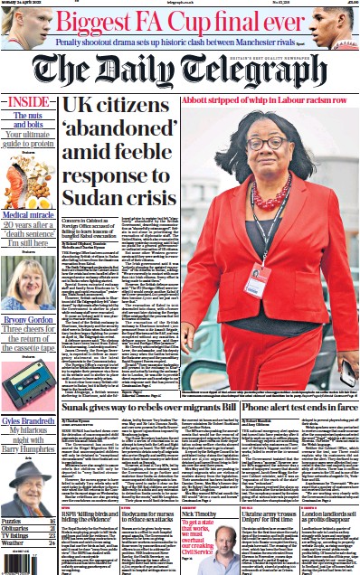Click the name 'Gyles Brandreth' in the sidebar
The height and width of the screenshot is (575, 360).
[36, 423]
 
